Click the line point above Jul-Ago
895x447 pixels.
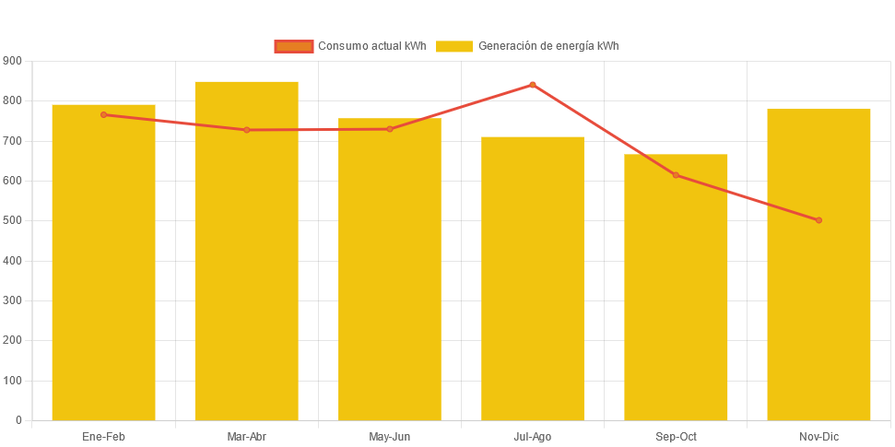(x=533, y=85)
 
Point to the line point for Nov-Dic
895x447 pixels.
(x=818, y=220)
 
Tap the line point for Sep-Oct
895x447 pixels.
(x=676, y=175)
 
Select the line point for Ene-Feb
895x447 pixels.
(x=103, y=114)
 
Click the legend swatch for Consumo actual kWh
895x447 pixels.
(x=294, y=46)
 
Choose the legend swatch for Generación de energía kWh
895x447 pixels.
(x=453, y=46)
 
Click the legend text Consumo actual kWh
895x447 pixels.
(x=371, y=46)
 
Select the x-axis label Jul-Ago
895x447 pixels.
(x=533, y=437)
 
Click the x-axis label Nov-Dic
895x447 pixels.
(x=818, y=437)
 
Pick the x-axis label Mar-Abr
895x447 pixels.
(x=246, y=437)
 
